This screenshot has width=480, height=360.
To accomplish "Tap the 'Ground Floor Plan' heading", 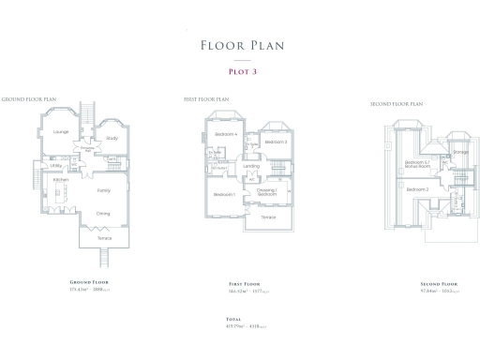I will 29,98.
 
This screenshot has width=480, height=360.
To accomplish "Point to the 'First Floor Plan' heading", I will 206,98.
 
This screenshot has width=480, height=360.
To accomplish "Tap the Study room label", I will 112,138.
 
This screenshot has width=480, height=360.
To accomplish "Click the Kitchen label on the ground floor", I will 61,179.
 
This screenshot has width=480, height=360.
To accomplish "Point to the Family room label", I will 103,190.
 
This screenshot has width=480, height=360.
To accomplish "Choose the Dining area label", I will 103,213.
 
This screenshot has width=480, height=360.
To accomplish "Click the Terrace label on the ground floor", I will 104,238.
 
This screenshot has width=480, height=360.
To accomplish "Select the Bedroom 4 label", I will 226,134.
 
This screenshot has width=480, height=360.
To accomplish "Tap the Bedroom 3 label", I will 274,142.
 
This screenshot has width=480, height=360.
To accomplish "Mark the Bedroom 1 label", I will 223,194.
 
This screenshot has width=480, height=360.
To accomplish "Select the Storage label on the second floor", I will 461,151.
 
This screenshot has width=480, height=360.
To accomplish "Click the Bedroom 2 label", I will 417,189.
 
